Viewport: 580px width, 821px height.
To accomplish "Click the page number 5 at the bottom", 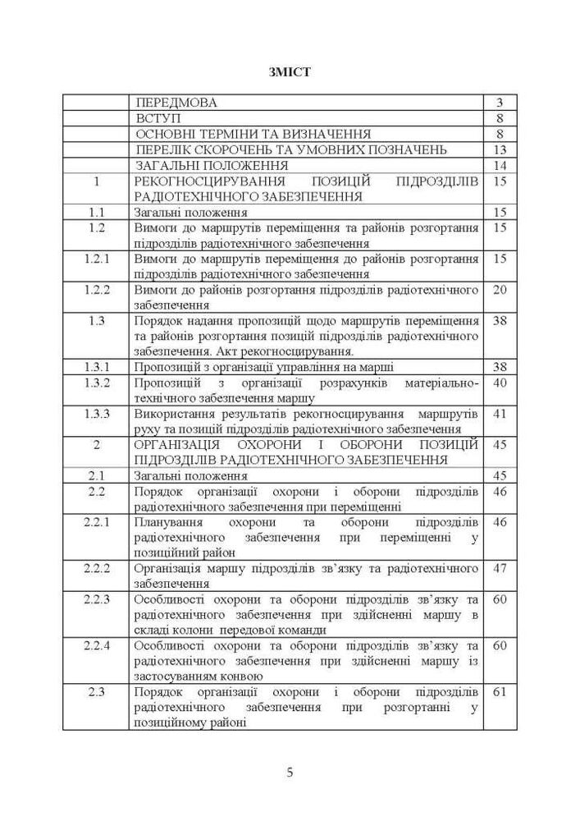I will click(x=290, y=772).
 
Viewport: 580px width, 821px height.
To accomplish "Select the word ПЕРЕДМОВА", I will click(x=177, y=103).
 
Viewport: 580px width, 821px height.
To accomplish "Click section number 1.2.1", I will click(x=98, y=259).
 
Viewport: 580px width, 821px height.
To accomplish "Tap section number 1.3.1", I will click(x=98, y=366).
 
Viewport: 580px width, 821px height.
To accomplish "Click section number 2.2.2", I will click(x=98, y=567).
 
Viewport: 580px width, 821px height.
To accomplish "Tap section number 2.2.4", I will click(x=98, y=644).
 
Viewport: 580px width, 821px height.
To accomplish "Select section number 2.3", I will click(x=98, y=691).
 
